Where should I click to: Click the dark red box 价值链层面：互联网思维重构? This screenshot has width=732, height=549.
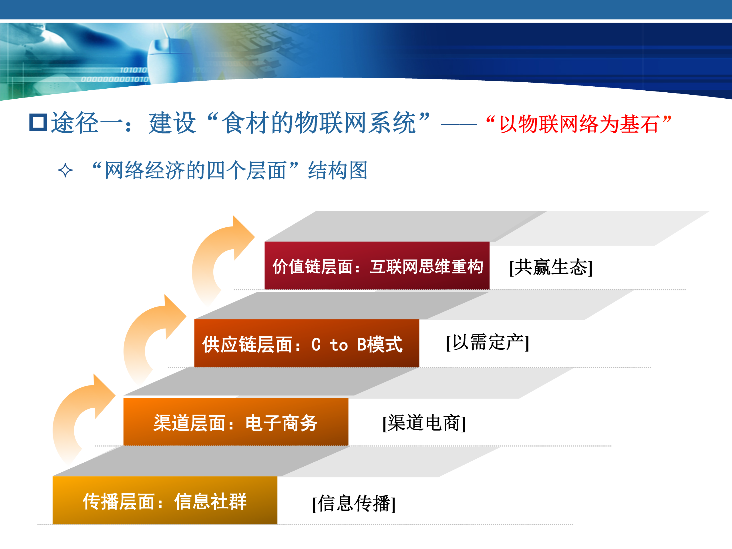[377, 265]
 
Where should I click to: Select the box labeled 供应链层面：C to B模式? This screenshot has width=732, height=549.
[307, 343]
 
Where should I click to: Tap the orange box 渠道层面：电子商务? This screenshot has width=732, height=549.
[236, 421]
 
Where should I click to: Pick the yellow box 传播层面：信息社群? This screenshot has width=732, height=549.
[165, 500]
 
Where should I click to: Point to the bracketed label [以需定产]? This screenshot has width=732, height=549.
[488, 342]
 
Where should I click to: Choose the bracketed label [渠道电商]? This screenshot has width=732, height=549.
[424, 423]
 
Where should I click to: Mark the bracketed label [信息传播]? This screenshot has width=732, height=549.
[354, 503]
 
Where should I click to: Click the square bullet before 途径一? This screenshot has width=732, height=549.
[38, 122]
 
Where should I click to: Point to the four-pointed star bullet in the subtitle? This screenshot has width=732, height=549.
[65, 170]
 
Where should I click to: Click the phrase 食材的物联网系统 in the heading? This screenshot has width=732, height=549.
[319, 123]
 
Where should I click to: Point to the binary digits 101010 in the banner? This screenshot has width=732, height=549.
[133, 70]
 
